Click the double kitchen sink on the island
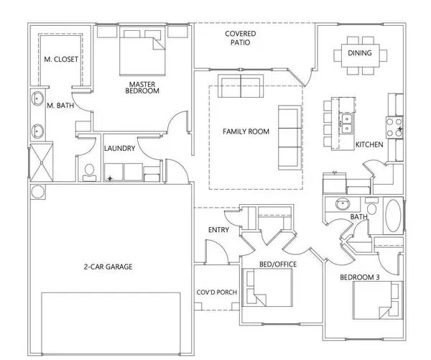tap(346, 124)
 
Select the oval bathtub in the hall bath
tap(394, 217)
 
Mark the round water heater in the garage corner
tap(37, 192)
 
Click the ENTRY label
tap(218, 230)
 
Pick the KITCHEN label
tap(369, 144)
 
